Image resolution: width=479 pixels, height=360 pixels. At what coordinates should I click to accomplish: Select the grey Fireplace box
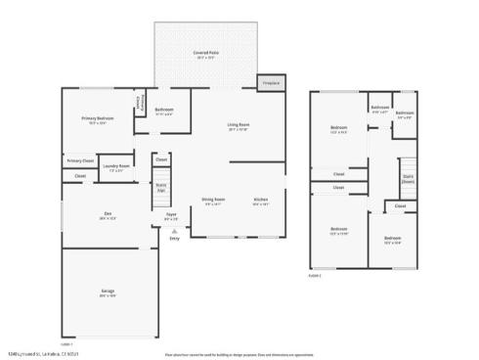272,83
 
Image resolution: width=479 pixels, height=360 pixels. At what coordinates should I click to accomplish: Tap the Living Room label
239,128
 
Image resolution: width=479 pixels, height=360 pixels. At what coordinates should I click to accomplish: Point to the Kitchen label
261,202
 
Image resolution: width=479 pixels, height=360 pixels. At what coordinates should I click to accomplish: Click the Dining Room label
213,202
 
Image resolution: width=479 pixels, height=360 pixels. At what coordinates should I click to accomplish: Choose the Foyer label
171,216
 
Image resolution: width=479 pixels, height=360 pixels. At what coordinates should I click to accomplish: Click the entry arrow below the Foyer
174,231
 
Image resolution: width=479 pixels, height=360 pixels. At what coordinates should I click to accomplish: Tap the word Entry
174,239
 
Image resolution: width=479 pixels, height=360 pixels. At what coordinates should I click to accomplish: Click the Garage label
108,292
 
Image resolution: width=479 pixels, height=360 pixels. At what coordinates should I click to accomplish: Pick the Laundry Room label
117,167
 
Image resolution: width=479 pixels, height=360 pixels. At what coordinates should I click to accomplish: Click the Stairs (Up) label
161,186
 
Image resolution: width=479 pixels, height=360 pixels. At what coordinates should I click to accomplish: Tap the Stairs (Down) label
408,179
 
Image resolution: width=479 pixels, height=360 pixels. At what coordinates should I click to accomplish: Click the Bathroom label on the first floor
164,111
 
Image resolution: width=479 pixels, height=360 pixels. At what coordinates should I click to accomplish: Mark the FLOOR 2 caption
315,277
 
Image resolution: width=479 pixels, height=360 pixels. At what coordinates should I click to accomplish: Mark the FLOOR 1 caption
66,343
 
